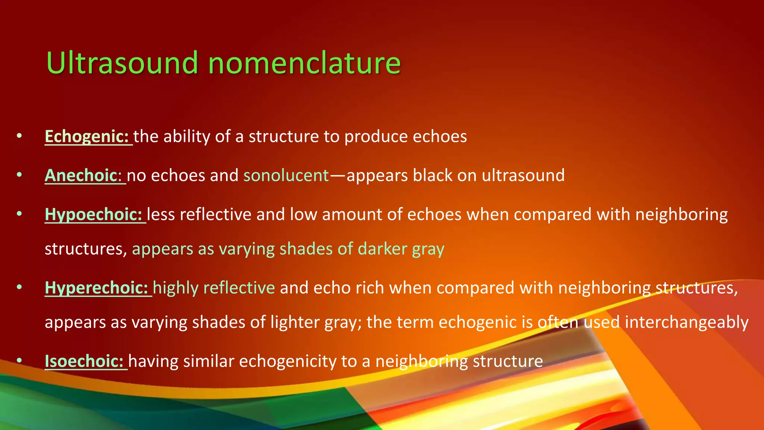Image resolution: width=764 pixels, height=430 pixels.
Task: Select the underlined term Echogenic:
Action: click(x=87, y=136)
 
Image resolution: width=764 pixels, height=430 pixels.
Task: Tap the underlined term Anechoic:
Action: click(x=83, y=175)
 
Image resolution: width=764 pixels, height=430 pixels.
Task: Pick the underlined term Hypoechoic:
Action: click(x=93, y=214)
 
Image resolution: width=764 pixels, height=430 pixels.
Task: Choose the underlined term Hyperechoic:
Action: click(x=96, y=288)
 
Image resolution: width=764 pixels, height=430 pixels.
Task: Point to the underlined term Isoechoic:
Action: click(x=84, y=361)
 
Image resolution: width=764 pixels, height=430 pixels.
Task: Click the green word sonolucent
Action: click(x=286, y=175)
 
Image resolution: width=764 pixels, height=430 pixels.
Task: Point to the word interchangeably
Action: click(x=686, y=322)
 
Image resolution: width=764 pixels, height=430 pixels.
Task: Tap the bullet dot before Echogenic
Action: click(x=19, y=136)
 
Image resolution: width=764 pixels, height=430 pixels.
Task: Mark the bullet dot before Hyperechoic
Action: click(x=19, y=288)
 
